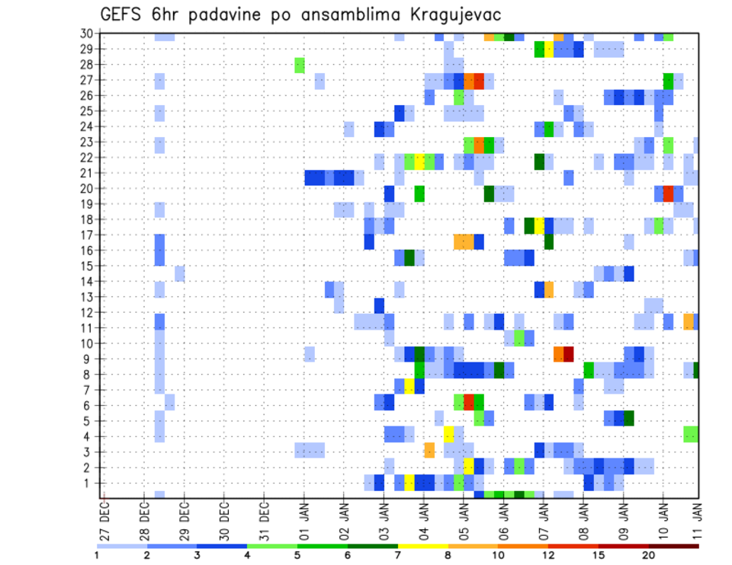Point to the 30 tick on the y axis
[x=88, y=34]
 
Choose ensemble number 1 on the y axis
[x=91, y=483]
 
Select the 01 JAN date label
[x=303, y=514]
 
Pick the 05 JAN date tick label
[x=462, y=514]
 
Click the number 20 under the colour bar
[x=649, y=555]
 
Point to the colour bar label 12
[x=549, y=555]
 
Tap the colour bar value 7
[x=398, y=555]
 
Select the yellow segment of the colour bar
[x=422, y=546]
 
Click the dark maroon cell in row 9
[x=568, y=354]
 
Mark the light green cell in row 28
[x=300, y=65]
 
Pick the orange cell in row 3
[x=429, y=451]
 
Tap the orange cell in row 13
[x=549, y=289]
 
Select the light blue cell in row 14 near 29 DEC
[x=179, y=273]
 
